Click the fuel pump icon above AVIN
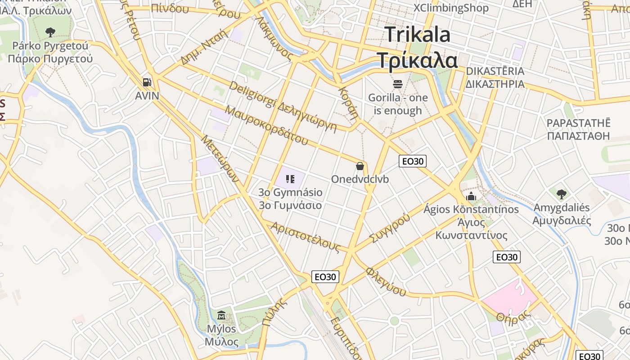147,82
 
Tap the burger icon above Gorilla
397,84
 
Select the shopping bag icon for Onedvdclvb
360,166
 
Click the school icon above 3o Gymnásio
290,179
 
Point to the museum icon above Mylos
221,315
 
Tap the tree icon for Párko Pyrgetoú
50,32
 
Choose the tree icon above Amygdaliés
561,194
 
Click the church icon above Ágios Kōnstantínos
471,196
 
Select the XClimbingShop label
451,8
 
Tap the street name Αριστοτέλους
306,236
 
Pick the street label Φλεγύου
386,282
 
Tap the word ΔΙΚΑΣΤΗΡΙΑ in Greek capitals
495,84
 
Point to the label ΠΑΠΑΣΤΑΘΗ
578,136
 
